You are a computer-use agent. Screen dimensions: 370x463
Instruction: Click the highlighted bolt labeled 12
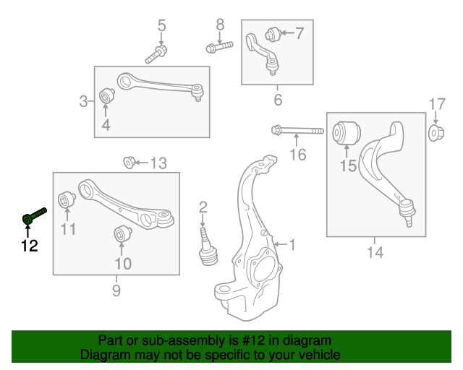tap(34, 215)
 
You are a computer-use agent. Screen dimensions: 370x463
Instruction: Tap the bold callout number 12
tap(29, 246)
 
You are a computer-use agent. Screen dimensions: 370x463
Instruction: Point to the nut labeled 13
tap(129, 161)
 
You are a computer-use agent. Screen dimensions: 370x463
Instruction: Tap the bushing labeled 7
tap(273, 33)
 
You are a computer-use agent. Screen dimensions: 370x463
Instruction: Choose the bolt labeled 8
tap(219, 48)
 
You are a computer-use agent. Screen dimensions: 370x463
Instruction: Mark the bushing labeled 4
tap(106, 95)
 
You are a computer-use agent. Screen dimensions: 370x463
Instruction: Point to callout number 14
tap(375, 252)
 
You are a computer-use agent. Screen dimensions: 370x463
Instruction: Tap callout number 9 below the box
tap(116, 291)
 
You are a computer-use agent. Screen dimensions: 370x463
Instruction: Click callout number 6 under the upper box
tap(278, 100)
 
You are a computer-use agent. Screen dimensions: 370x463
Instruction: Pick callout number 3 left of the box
tap(83, 101)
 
